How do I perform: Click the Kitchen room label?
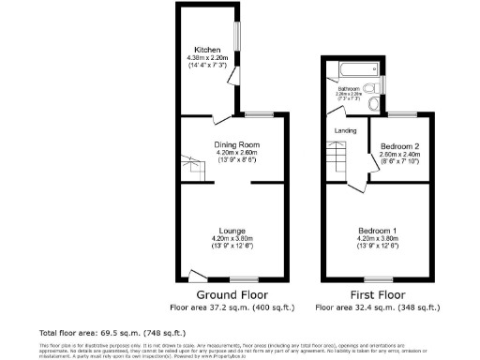pos(206,49)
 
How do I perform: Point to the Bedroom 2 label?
pos(399,147)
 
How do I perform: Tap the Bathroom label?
pos(349,89)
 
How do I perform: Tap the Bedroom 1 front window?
pos(379,279)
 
